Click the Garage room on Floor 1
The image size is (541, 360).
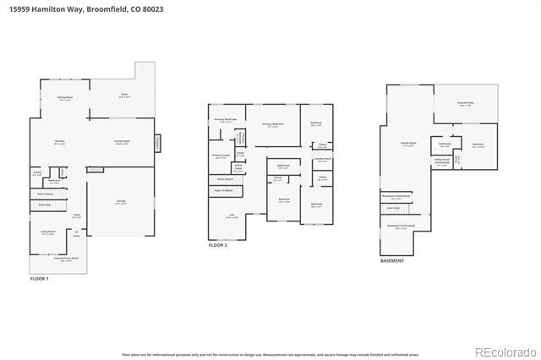click(x=121, y=202)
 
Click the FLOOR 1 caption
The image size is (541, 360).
click(x=39, y=278)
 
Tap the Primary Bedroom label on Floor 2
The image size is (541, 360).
click(x=272, y=125)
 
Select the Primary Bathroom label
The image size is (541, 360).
click(x=225, y=121)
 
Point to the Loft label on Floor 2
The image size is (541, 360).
click(x=232, y=215)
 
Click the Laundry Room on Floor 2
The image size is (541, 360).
click(x=323, y=159)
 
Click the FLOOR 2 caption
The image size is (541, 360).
click(x=218, y=244)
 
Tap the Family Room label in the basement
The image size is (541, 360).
click(x=409, y=145)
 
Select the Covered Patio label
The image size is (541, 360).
click(x=465, y=104)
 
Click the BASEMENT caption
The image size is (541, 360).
click(x=391, y=261)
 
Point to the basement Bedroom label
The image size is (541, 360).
click(x=478, y=145)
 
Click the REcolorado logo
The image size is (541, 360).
click(x=505, y=352)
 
